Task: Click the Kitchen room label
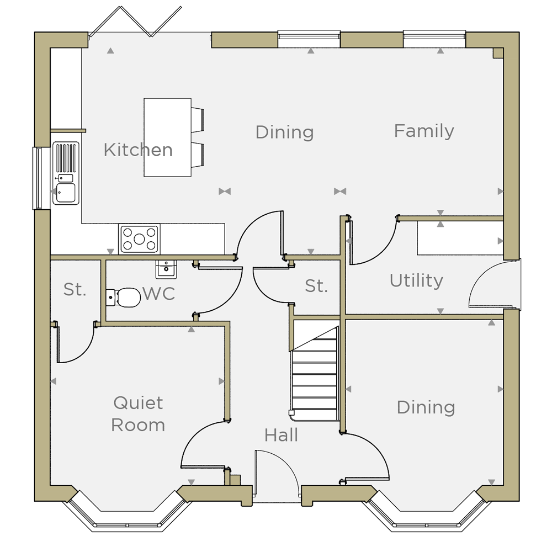(138, 150)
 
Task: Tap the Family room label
(424, 131)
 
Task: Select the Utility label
(416, 281)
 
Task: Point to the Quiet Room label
(138, 414)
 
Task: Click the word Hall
(281, 435)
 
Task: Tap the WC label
(159, 294)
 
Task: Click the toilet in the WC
(123, 298)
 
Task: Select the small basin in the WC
(166, 269)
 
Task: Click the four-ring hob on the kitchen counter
(139, 239)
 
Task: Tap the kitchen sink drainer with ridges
(66, 158)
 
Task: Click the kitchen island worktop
(168, 137)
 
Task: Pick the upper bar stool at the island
(198, 120)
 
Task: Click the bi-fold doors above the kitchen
(136, 21)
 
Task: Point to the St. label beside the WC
(75, 290)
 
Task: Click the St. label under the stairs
(316, 286)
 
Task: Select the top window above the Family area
(434, 39)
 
